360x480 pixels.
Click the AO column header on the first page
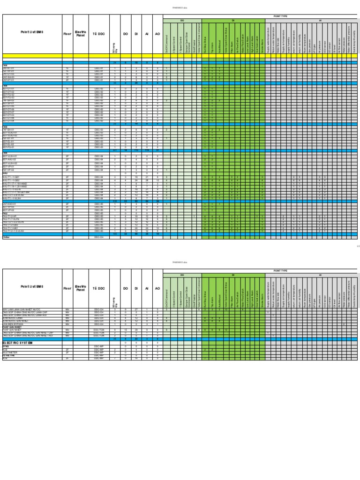[x=157, y=34]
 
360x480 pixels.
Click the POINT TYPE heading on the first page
[x=280, y=16]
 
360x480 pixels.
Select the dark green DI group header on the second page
[x=232, y=275]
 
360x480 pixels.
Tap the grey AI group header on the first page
[x=320, y=21]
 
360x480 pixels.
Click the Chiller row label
[x=7, y=238]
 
